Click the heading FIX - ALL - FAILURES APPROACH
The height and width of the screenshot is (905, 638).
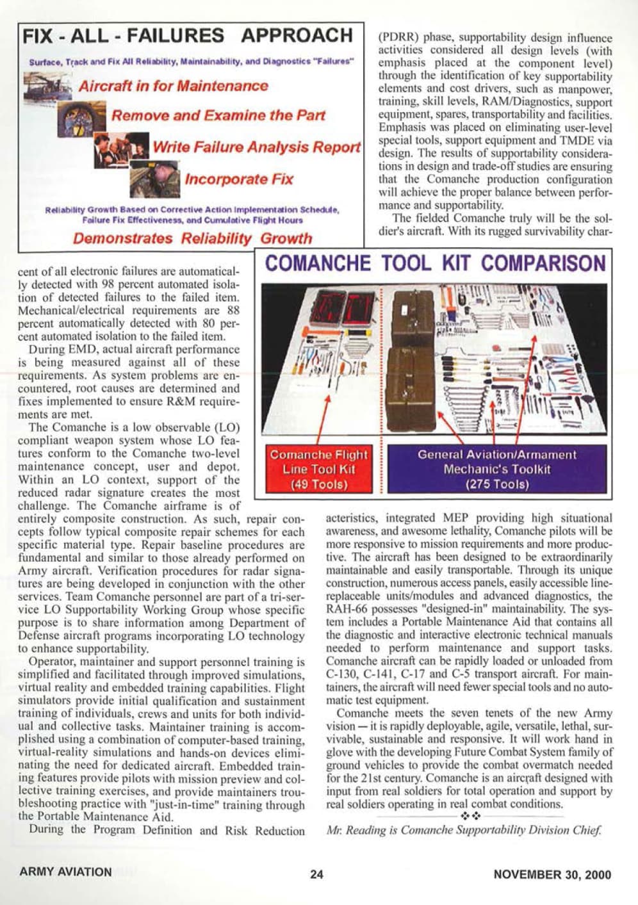[188, 36]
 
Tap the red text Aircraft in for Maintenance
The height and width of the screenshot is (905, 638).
[173, 86]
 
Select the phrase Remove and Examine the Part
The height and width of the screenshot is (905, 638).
[218, 116]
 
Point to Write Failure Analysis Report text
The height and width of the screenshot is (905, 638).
[256, 147]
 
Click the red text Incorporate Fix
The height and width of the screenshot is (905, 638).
[239, 179]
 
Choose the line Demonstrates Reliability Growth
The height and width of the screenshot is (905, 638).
[192, 239]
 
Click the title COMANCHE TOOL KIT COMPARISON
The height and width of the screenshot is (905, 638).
[435, 263]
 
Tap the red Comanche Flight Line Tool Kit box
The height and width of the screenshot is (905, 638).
[318, 469]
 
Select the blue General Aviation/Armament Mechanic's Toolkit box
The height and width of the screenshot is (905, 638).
[497, 469]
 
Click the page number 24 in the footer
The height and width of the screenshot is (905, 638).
[316, 874]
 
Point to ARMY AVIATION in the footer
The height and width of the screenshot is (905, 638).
[65, 872]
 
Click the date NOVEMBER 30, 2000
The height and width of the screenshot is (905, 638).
[552, 874]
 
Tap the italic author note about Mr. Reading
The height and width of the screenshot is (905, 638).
[464, 831]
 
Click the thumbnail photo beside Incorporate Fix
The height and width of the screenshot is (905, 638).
[156, 179]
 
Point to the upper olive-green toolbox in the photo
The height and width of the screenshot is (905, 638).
[414, 313]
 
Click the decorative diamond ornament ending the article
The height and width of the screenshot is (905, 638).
[471, 816]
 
